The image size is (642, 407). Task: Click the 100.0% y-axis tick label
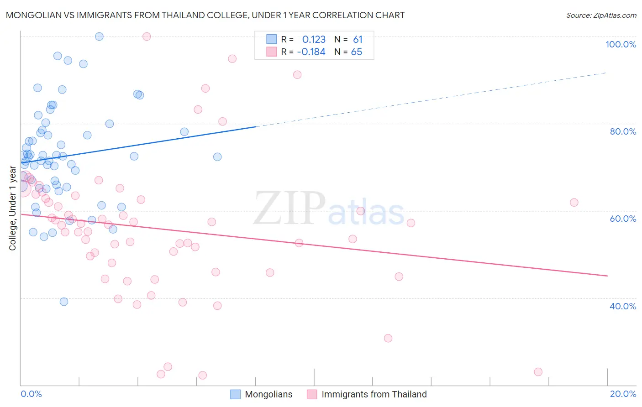coord(621,44)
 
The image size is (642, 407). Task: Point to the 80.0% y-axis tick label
coord(623,131)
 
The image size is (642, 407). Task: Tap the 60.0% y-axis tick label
coord(623,219)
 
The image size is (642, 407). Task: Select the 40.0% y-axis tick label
coord(623,306)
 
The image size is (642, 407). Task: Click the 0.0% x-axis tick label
coord(31,394)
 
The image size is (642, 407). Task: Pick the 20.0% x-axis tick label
coord(623,394)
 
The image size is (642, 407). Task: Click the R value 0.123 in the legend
coord(314,40)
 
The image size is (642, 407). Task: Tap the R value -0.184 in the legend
coord(311,52)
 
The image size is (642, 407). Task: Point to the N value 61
coord(358,40)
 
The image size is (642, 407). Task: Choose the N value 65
coord(357,52)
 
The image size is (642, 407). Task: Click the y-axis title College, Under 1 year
coord(13,209)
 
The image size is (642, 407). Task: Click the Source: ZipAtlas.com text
coord(601,16)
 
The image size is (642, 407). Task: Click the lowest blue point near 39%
coord(64,302)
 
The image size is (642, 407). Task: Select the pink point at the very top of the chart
coord(147,37)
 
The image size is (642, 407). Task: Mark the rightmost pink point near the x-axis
coord(538,372)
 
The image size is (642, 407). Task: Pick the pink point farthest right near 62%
coord(574,203)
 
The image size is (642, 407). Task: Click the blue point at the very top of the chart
coord(99,37)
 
